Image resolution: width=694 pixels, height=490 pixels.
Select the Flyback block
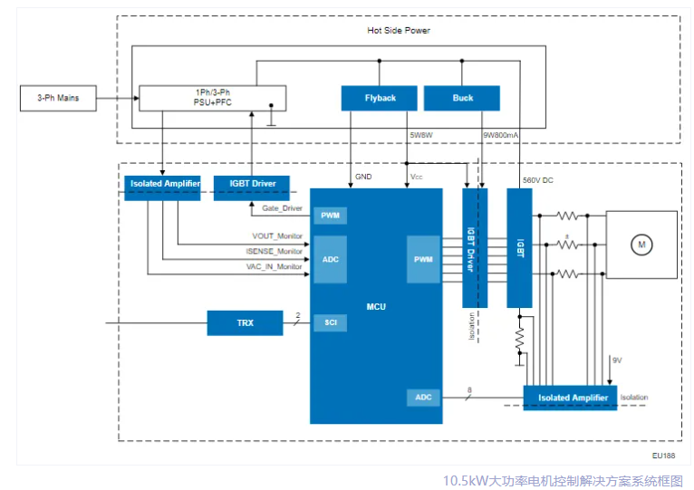pos(381,98)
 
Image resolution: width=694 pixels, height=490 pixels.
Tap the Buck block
pos(462,98)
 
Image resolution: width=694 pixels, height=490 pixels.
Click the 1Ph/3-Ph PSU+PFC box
pos(212,98)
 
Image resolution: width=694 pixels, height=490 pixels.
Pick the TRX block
pos(245,322)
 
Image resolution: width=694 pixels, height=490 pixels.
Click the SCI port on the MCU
pos(329,322)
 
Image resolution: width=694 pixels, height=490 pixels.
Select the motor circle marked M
pos(641,245)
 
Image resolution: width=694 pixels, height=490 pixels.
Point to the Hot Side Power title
pos(399,31)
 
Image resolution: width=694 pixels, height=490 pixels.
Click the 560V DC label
pos(538,180)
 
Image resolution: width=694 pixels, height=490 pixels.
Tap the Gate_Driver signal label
pos(283,208)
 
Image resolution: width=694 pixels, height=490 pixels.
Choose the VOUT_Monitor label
pos(278,236)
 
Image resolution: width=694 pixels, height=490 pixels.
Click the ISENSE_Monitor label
pos(275,251)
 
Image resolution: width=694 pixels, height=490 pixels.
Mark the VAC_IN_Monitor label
pos(275,266)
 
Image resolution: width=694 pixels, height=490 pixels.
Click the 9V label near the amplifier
pos(617,360)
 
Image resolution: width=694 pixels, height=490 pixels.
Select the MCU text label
pos(376,306)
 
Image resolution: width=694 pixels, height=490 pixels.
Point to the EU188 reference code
pos(663,456)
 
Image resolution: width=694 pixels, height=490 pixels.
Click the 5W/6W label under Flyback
pos(422,135)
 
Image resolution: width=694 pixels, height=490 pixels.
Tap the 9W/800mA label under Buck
pos(500,135)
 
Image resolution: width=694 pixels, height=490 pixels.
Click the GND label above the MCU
pos(363,177)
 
